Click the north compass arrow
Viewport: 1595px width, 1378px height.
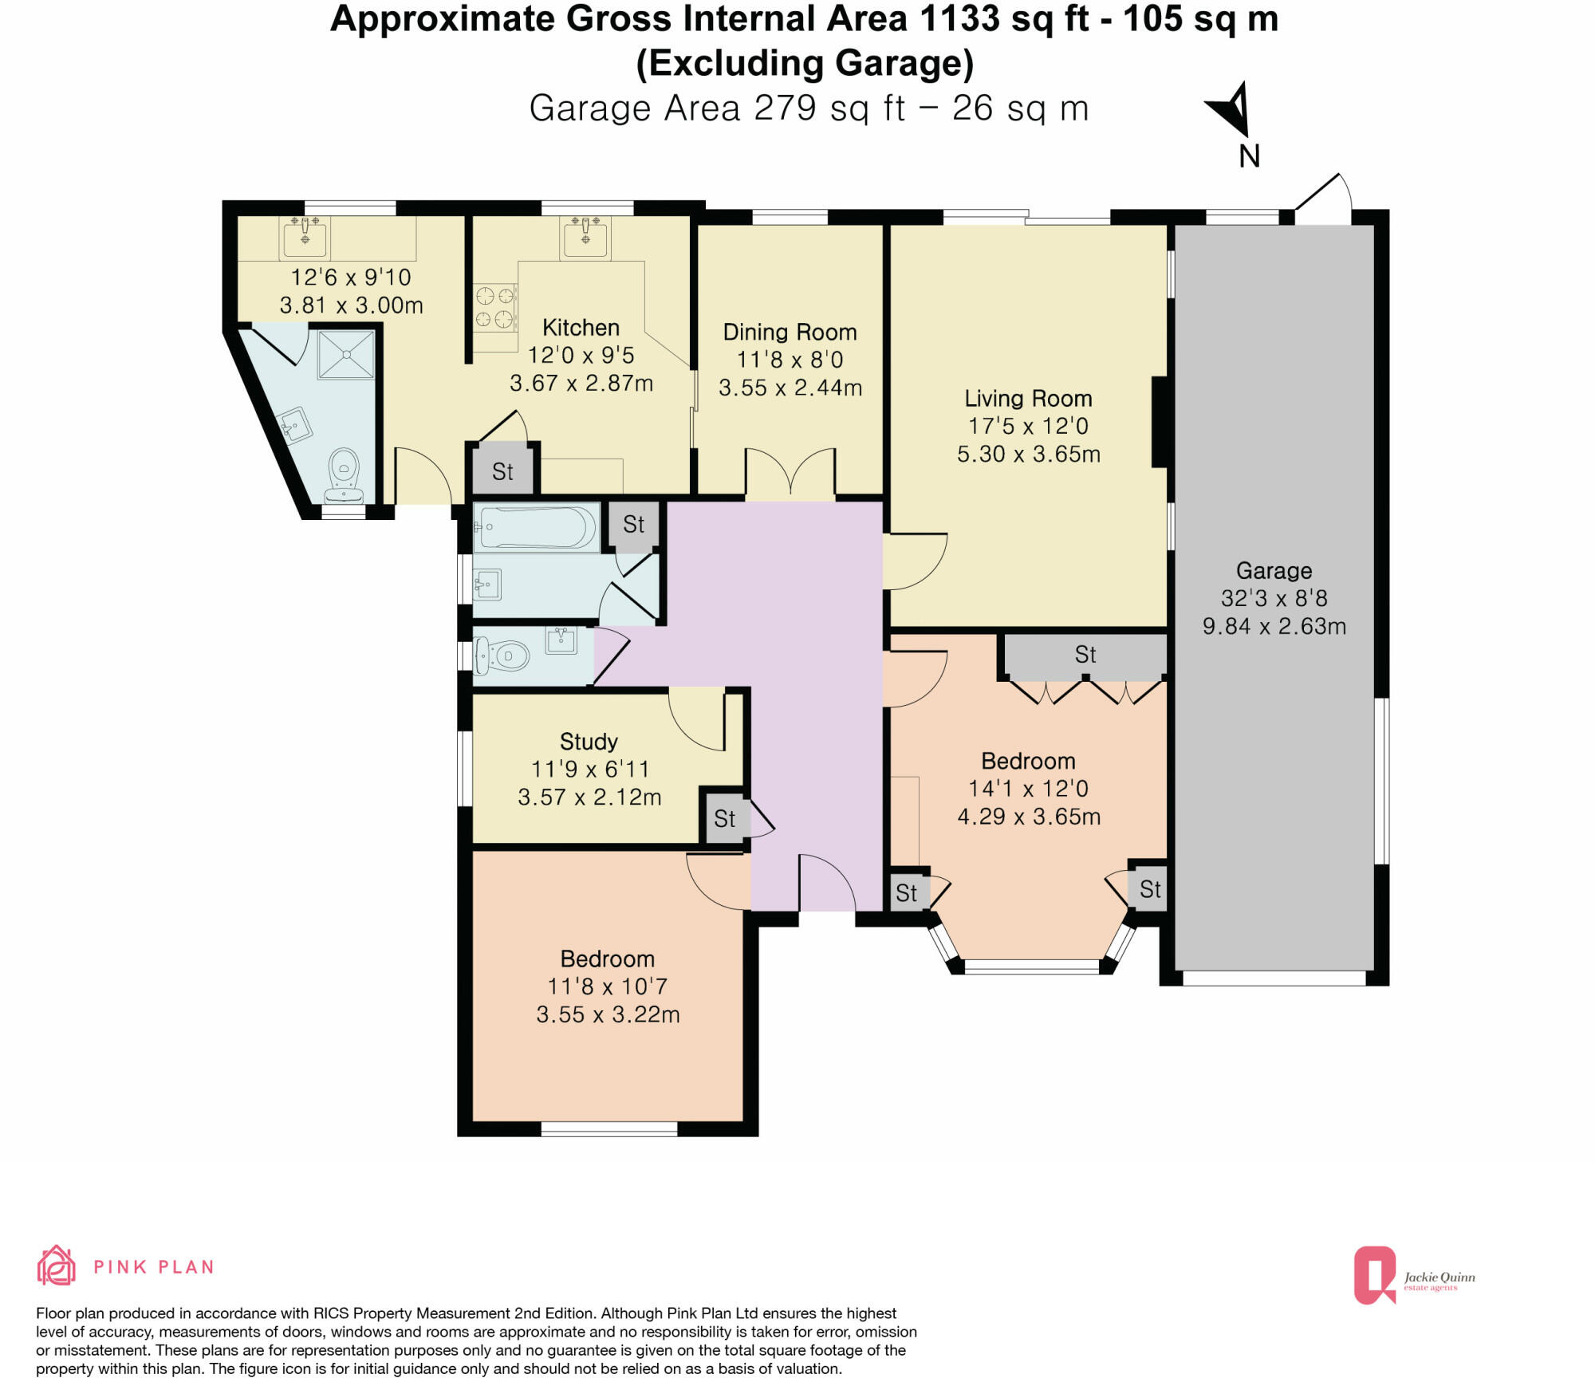click(1231, 110)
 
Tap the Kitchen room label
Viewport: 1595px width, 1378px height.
click(581, 328)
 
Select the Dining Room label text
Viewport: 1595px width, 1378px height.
click(790, 332)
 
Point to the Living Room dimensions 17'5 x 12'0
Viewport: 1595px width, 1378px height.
click(1028, 426)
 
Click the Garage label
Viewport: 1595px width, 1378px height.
click(1274, 570)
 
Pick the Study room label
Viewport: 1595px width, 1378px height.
click(589, 742)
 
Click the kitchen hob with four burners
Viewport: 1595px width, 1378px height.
click(494, 308)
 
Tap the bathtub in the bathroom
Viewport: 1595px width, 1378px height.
click(536, 527)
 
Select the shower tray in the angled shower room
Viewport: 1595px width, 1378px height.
click(346, 354)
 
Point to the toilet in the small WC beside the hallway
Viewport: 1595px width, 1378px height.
click(503, 657)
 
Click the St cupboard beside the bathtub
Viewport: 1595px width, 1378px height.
click(633, 525)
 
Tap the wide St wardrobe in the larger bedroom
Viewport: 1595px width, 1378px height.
click(1085, 655)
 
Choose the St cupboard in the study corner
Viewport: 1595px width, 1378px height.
click(724, 818)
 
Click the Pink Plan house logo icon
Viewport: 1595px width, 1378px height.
click(56, 1266)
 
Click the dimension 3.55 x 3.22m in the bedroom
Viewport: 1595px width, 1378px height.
click(608, 1014)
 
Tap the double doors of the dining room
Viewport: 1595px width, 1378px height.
click(790, 472)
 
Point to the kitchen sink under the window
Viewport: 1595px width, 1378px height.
click(585, 237)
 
